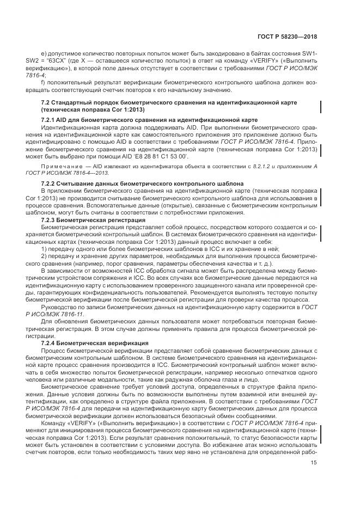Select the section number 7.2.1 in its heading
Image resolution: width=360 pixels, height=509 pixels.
[50, 120]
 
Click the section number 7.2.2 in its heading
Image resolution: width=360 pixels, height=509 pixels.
[50, 182]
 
